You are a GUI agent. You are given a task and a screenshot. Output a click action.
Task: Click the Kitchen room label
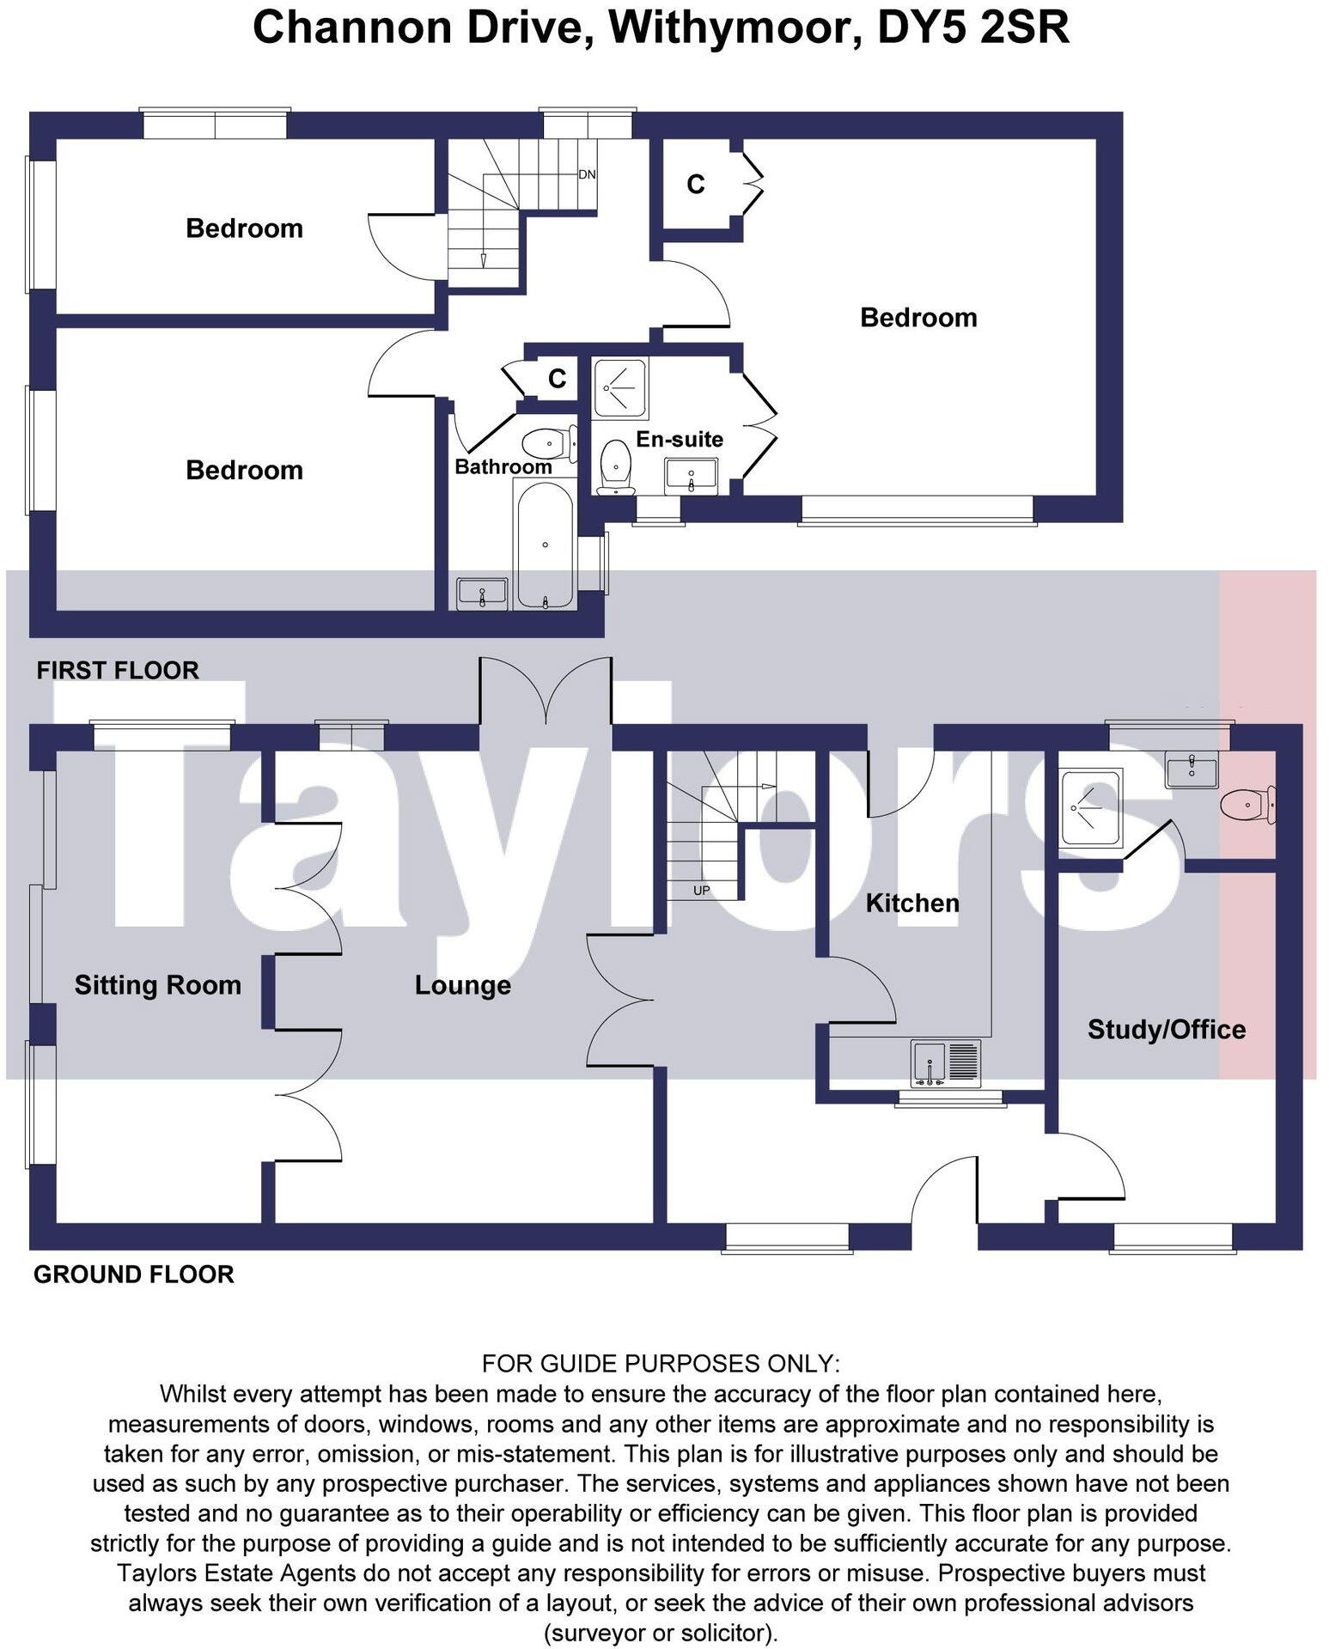click(912, 903)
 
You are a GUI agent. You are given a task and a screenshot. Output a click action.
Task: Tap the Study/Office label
click(1167, 1029)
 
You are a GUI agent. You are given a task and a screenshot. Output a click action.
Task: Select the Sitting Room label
click(158, 984)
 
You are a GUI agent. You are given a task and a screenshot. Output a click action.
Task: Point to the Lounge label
click(463, 985)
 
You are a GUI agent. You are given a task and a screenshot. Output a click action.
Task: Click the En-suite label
click(680, 439)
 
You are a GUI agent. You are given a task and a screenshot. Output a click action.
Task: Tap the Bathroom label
click(503, 466)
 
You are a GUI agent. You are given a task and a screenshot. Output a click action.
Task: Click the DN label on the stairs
click(587, 174)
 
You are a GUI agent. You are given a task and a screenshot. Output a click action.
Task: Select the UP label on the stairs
click(702, 891)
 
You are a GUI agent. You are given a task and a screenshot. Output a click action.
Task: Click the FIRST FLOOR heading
click(118, 670)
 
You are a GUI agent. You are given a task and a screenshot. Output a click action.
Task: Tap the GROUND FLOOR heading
click(134, 1274)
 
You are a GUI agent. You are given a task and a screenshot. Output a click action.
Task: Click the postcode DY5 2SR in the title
click(973, 27)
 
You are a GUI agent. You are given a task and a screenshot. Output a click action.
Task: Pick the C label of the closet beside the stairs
click(696, 184)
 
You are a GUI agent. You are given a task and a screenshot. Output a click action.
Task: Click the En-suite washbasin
click(691, 477)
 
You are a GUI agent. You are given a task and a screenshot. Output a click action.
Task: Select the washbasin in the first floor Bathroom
click(482, 593)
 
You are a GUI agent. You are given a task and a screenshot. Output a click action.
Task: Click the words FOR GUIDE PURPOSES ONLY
click(661, 1363)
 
